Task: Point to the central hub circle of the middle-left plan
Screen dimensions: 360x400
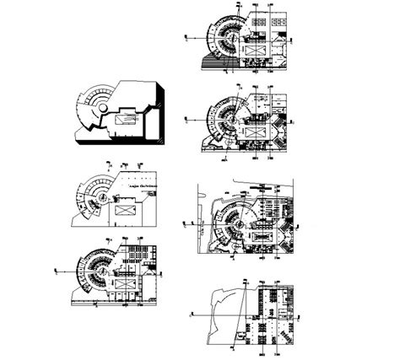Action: (100, 196)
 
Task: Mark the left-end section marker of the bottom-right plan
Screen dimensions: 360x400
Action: (191, 311)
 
